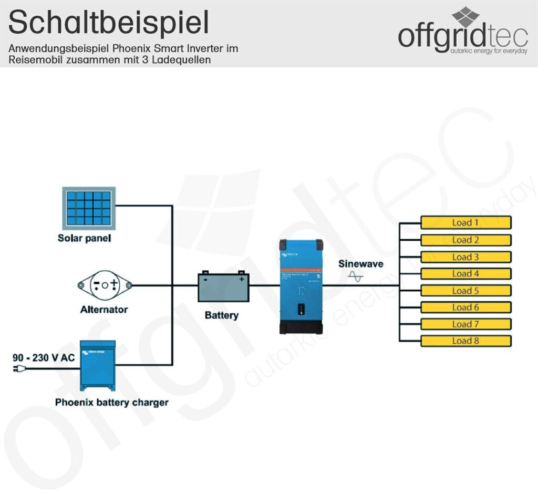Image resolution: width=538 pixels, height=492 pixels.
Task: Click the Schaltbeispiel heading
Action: (x=109, y=23)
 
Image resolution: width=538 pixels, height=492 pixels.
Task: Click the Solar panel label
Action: (x=84, y=238)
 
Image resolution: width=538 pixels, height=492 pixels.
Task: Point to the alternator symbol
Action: (x=105, y=285)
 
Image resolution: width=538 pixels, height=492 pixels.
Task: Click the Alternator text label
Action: (x=104, y=309)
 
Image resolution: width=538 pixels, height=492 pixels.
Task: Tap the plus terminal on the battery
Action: (x=241, y=279)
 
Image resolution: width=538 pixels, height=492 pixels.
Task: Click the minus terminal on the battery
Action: (x=205, y=279)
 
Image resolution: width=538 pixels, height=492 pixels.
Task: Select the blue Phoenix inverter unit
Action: (x=301, y=286)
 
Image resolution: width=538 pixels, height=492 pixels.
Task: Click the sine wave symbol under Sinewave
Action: (x=356, y=276)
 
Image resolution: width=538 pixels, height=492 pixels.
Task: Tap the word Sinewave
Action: (x=360, y=264)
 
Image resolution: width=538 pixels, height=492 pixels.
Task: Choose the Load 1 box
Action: (x=465, y=223)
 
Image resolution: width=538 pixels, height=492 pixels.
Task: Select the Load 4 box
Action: (x=465, y=274)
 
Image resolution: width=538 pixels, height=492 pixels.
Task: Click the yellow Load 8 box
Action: (x=465, y=341)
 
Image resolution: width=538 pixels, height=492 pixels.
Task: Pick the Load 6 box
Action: (x=465, y=307)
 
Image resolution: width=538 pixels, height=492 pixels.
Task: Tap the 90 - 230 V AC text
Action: (x=44, y=357)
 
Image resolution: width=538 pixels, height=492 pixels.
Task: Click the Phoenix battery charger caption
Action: (x=111, y=403)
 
